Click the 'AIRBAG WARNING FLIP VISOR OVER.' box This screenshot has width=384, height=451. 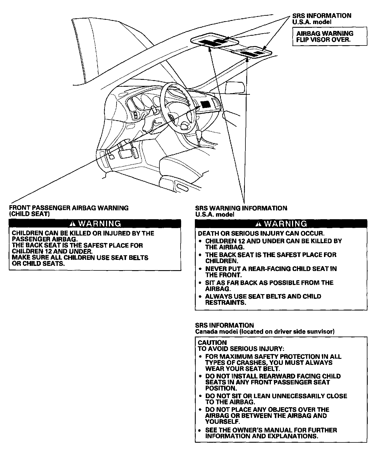coord(329,36)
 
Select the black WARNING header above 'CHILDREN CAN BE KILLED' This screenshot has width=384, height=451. coord(95,223)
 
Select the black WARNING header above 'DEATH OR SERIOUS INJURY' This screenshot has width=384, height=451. coord(281,223)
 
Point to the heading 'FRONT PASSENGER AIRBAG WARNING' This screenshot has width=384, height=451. coord(69,208)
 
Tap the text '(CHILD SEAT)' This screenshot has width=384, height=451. coord(30,214)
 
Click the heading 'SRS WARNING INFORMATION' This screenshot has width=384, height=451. coord(241,208)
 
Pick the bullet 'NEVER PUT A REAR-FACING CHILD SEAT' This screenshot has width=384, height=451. coord(271,272)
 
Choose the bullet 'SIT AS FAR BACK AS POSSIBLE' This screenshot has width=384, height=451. coord(269,286)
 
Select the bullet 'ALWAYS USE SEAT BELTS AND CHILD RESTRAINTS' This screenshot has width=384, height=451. coord(263,299)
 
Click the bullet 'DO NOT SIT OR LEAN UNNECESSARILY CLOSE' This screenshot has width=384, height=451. coord(276,399)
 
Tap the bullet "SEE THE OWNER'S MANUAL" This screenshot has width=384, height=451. coord(271,433)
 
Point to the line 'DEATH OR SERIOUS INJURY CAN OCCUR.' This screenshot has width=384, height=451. coord(261,234)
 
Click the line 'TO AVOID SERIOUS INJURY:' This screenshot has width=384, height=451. coord(241,349)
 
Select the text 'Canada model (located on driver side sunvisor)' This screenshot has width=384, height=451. coord(265,332)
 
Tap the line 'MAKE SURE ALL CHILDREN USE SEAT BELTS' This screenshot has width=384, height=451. coord(80,258)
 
